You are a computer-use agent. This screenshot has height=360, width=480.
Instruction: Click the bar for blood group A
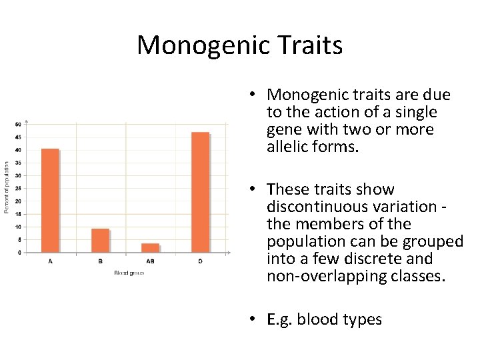coord(50,201)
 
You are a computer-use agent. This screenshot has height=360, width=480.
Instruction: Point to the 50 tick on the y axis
coord(18,124)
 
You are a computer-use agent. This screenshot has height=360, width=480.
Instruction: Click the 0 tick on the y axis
coord(19,253)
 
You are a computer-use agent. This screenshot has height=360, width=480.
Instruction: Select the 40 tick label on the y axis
coord(18,150)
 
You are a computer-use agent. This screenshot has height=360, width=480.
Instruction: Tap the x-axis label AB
coord(150,261)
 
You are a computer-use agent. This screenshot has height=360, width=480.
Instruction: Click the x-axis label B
coord(100,261)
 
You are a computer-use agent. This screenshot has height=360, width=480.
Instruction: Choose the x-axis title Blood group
coord(128,273)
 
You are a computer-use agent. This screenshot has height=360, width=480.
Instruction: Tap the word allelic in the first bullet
coord(287,147)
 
